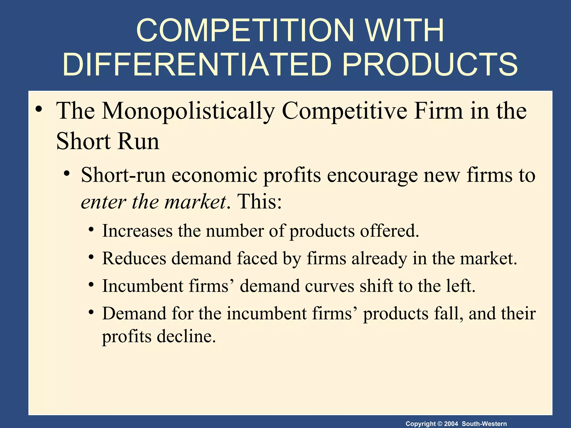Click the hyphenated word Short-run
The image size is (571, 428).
pyautogui.click(x=123, y=175)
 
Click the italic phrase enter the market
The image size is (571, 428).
pyautogui.click(x=153, y=202)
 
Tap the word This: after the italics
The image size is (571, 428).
pyautogui.click(x=259, y=202)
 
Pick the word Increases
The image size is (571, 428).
pyautogui.click(x=137, y=231)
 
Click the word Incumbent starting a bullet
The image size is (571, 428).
pyautogui.click(x=143, y=286)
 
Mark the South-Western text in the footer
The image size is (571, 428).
pyautogui.click(x=484, y=424)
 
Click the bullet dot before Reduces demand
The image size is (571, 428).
pyautogui.click(x=91, y=258)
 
